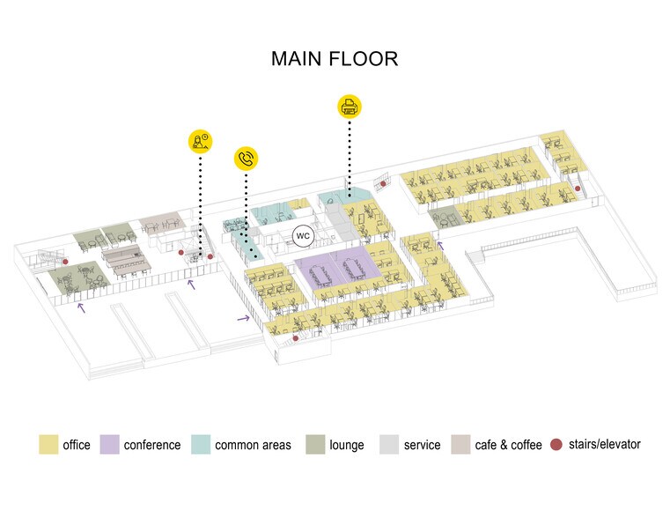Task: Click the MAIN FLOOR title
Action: click(x=335, y=59)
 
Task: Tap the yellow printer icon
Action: click(x=350, y=107)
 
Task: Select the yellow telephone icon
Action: click(x=247, y=159)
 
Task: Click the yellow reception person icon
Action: click(x=201, y=141)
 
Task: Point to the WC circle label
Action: click(x=303, y=236)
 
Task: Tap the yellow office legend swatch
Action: click(x=48, y=445)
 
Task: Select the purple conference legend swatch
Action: click(x=111, y=445)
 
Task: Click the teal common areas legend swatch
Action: click(x=202, y=445)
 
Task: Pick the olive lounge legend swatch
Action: click(x=316, y=445)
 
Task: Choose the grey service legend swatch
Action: click(x=390, y=445)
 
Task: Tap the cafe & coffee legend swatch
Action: click(x=461, y=445)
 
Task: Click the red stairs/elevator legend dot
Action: click(x=557, y=444)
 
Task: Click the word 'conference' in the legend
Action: click(x=152, y=445)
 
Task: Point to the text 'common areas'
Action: click(x=253, y=445)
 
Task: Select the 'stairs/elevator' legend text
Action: click(x=605, y=444)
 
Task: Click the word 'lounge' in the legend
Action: click(x=347, y=445)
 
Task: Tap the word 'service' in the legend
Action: click(x=422, y=445)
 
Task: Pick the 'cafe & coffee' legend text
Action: click(x=509, y=445)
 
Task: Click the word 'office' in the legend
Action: click(x=77, y=445)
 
